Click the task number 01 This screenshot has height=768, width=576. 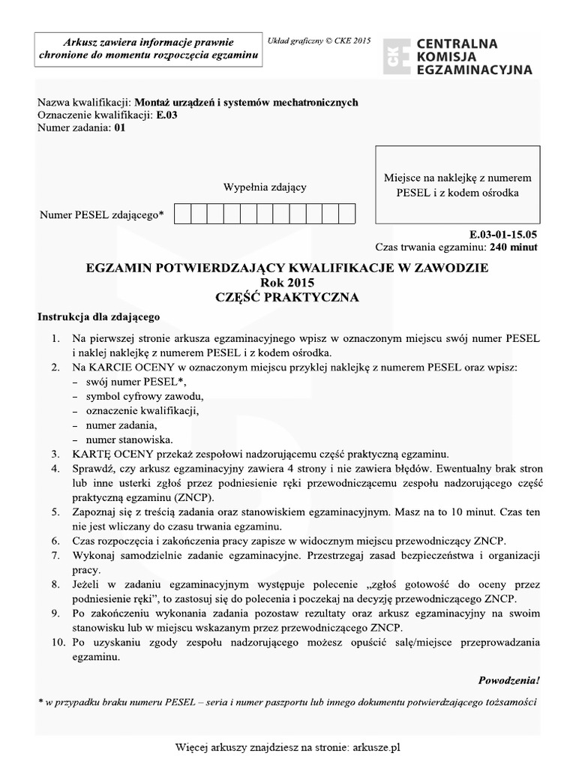[121, 127]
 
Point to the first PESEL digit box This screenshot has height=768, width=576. [181, 214]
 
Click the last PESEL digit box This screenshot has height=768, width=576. [346, 214]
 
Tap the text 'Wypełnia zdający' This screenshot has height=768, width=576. [264, 187]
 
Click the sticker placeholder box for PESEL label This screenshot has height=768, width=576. [457, 185]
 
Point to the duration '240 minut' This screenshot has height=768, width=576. [513, 247]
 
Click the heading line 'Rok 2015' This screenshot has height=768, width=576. [287, 283]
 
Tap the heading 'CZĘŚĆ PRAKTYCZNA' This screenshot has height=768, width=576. [287, 297]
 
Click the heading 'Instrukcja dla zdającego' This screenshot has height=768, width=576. [98, 316]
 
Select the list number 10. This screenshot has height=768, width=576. [58, 643]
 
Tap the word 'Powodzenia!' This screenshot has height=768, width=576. [508, 680]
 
